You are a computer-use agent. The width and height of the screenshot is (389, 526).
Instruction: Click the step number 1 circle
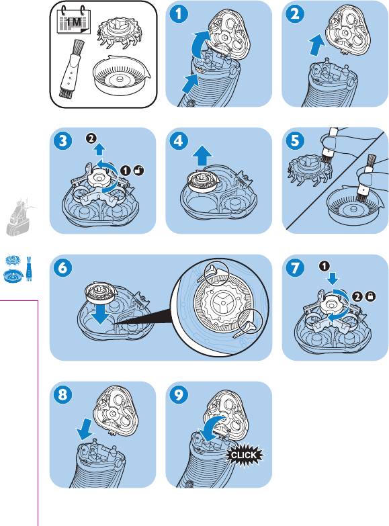pos(178,13)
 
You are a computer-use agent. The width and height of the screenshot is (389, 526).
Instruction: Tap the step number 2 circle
pos(295,13)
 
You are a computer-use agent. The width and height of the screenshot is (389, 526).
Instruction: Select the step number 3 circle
pos(62,140)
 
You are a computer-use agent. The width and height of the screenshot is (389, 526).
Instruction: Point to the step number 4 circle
pos(178,140)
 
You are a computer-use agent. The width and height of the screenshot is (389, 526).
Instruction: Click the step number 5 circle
pos(295,140)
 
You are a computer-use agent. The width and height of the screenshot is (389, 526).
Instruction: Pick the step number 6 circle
pos(62,267)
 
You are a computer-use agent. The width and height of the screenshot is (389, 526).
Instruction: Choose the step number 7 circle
pos(295,267)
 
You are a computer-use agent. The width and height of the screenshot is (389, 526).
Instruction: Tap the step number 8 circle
pos(62,394)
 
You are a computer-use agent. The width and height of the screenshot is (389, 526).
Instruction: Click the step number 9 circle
pos(178,394)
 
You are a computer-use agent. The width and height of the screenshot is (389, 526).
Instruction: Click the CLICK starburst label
pos(244,455)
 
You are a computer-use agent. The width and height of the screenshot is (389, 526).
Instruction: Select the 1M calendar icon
pos(74,21)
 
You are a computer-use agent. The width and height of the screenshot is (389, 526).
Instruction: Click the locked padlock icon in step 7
pos(371,296)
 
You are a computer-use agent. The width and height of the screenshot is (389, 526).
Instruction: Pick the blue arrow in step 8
pos(84,429)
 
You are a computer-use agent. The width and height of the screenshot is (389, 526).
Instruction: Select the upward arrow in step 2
pos(317,45)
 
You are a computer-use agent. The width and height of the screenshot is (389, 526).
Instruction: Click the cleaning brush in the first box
pos(70,69)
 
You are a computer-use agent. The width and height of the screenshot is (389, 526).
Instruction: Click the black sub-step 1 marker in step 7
pos(325,266)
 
